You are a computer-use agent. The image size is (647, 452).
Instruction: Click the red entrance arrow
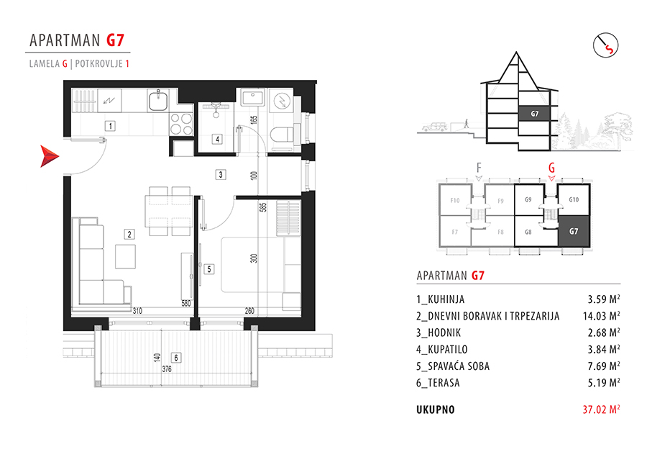coord(49,156)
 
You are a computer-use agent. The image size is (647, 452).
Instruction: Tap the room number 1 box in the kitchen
coord(110,126)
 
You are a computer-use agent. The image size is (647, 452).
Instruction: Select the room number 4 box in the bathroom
coord(217,139)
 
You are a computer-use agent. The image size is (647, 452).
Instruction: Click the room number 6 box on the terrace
coord(176,358)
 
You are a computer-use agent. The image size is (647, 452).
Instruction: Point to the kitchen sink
coord(157,100)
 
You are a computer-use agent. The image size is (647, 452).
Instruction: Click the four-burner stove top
coord(182,125)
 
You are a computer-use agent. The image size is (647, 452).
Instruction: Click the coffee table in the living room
coord(125,256)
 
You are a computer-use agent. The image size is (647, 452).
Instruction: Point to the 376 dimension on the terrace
coord(167,369)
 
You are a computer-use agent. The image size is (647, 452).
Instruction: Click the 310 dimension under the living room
coord(137,311)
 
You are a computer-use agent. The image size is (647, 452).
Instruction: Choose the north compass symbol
coord(606,45)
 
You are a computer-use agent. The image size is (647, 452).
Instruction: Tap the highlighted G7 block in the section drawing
coord(534,114)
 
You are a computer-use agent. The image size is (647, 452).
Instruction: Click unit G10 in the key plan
coord(574,199)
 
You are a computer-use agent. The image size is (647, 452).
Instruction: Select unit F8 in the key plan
coord(500,232)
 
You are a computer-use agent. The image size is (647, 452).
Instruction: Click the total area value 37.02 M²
coord(601,410)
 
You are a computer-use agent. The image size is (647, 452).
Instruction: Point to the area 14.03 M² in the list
coord(601,316)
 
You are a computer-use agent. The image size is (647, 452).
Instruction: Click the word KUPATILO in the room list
coord(447,350)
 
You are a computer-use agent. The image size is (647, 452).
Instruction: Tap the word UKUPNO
coord(436,410)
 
